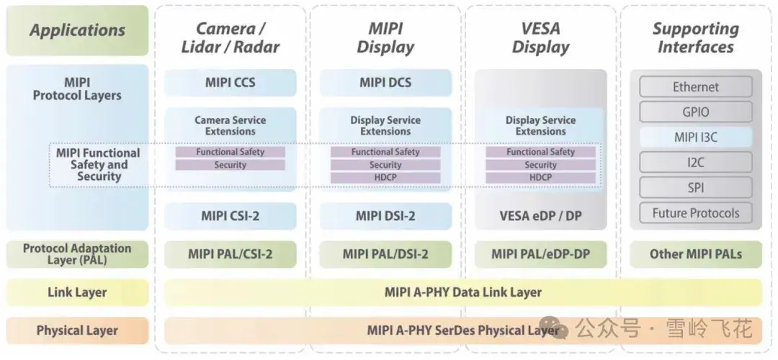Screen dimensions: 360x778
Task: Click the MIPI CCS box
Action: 231,83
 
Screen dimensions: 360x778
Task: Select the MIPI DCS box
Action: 385,83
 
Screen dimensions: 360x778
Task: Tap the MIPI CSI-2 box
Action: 231,216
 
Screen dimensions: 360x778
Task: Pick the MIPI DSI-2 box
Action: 385,216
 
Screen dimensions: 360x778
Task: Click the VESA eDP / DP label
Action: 540,216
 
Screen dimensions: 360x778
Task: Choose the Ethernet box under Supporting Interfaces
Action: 695,87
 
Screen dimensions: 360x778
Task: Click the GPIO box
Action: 695,112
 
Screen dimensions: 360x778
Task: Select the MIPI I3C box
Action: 695,137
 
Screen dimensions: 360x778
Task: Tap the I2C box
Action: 695,163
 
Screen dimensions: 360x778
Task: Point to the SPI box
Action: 695,188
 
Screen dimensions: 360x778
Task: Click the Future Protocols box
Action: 695,213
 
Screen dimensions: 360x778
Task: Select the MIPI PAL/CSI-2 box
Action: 231,254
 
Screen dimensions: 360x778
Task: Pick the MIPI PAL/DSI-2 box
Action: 385,254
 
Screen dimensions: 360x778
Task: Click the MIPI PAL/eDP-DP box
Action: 540,254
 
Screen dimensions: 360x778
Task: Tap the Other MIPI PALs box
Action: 695,254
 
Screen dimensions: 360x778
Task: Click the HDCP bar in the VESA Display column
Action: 540,178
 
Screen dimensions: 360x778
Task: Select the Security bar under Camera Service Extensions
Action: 231,165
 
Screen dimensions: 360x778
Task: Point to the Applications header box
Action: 77,31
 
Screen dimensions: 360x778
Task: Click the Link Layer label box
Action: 77,292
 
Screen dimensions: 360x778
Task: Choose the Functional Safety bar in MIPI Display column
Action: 385,152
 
